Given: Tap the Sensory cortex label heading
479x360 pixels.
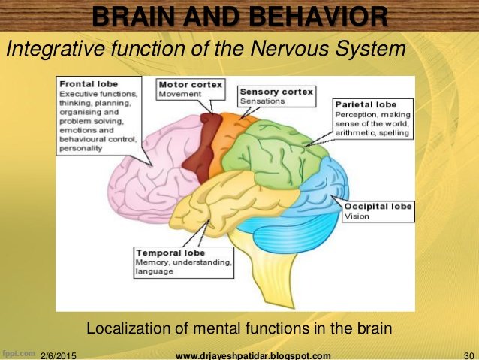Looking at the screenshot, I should click(x=276, y=91).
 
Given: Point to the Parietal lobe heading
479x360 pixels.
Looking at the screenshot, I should click(x=365, y=104).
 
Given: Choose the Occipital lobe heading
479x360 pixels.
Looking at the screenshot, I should click(x=378, y=207).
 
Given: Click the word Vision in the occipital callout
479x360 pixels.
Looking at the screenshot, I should click(x=357, y=216).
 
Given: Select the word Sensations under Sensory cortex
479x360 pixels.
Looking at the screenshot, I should click(x=262, y=101).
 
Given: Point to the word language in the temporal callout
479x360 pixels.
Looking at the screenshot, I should click(x=155, y=271).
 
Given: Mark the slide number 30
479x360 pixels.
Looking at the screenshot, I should click(x=468, y=355).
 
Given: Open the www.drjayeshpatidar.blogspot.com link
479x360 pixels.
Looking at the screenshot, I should click(x=252, y=355).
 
